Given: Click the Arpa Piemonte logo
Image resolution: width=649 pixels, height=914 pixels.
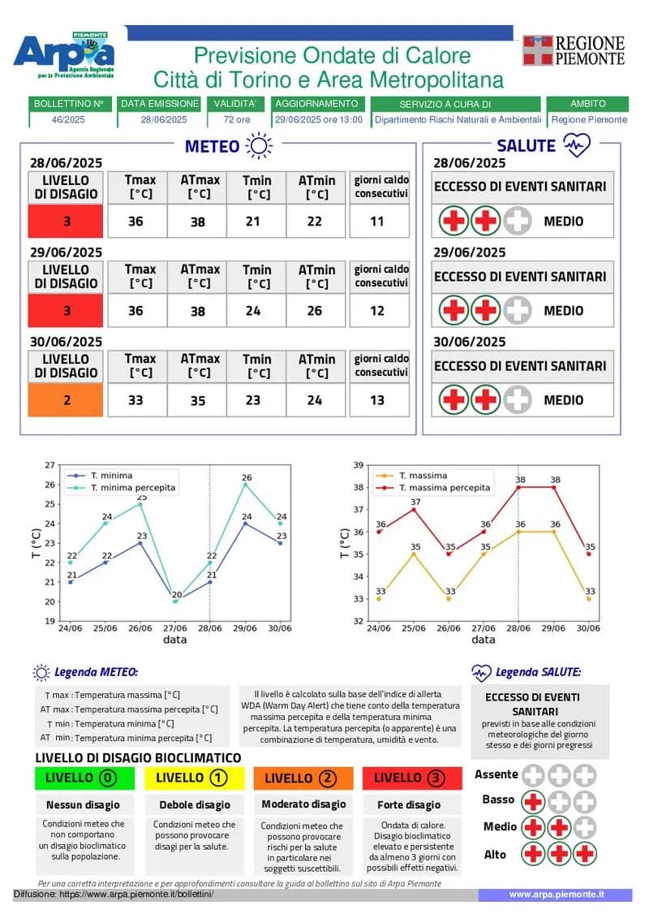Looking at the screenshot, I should (65, 54).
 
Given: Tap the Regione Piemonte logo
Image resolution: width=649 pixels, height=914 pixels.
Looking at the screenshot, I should (574, 50).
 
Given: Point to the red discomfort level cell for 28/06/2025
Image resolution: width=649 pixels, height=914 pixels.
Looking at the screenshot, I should (65, 221).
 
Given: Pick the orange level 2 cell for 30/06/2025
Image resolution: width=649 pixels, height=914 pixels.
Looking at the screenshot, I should (65, 400).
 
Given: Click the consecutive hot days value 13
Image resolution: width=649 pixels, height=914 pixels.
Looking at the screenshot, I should (380, 400).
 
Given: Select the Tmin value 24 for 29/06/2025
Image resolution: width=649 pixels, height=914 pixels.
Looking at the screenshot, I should (258, 311).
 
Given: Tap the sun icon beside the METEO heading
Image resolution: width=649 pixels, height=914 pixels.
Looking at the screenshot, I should (260, 146).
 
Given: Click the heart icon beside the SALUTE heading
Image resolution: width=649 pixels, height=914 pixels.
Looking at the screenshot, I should (577, 145).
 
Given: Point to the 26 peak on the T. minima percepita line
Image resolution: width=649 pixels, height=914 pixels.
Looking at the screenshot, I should (246, 485).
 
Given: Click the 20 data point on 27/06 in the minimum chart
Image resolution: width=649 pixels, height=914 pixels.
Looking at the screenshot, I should (175, 601).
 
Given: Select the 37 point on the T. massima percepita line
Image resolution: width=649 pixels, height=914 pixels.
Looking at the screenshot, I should (414, 509).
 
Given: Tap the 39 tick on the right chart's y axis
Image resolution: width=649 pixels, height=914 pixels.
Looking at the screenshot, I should (359, 465).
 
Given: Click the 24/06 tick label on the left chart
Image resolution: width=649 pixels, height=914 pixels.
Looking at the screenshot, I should (71, 628).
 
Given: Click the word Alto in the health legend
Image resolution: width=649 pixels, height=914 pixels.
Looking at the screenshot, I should (495, 854).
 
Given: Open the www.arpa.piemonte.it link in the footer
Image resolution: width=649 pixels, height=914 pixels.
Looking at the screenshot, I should (556, 894).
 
